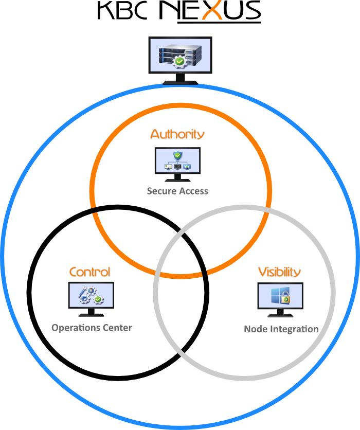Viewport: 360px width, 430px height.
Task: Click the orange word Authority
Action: coord(177,134)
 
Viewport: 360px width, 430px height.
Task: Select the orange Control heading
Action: coord(89,272)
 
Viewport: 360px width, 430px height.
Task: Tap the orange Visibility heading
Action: coord(279,272)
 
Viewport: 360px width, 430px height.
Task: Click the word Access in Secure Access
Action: coord(193,191)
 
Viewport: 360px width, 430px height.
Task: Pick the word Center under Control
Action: coord(117,328)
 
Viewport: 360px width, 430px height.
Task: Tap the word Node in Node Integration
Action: coord(255,329)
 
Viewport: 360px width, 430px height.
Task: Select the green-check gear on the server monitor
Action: coord(178,62)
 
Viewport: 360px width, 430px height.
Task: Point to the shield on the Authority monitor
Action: coord(177,155)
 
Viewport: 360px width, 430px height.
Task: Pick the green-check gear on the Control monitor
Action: coord(98,299)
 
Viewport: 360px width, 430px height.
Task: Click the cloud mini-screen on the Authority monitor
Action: coord(187,167)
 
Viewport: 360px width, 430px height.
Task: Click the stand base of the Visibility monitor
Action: coord(280,315)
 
